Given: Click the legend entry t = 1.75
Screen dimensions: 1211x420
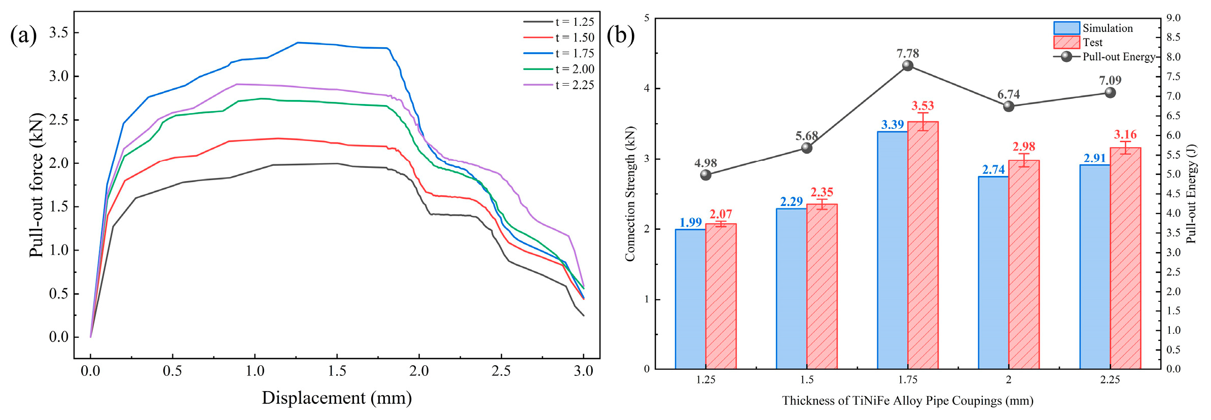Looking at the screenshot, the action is click(559, 53).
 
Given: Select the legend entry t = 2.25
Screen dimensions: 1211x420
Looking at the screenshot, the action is click(559, 85).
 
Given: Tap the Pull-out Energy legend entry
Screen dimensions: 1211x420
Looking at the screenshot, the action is click(1105, 56).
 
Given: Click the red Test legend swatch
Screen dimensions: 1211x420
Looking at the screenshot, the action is click(1066, 42).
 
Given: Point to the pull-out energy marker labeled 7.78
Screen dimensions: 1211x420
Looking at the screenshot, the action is click(908, 65).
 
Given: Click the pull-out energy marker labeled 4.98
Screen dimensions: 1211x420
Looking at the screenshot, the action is click(705, 175).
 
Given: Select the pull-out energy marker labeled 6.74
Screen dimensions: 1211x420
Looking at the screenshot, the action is click(1009, 106).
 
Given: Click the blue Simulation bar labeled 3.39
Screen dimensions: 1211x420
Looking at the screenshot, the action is click(893, 250).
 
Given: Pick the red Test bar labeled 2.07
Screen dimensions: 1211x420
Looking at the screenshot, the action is click(721, 296).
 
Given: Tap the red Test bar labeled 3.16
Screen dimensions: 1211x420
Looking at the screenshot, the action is click(1125, 258).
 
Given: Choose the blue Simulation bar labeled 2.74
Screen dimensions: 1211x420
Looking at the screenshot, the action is click(993, 273).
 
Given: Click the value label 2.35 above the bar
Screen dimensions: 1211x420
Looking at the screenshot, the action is click(822, 192).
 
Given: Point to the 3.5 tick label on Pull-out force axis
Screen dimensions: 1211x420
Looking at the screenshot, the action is click(59, 32).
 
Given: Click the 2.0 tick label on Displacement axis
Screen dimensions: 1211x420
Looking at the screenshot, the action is click(419, 371).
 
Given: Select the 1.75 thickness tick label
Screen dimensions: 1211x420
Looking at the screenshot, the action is click(908, 380).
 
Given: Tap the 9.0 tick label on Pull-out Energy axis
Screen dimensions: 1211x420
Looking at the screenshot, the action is click(1173, 18).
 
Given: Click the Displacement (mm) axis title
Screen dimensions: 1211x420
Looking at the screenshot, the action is click(337, 398).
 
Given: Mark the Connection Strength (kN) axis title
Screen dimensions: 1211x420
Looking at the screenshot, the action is click(630, 194).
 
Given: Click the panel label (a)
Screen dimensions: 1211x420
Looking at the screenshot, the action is click(23, 36).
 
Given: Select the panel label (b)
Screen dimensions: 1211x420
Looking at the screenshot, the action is click(621, 36).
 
